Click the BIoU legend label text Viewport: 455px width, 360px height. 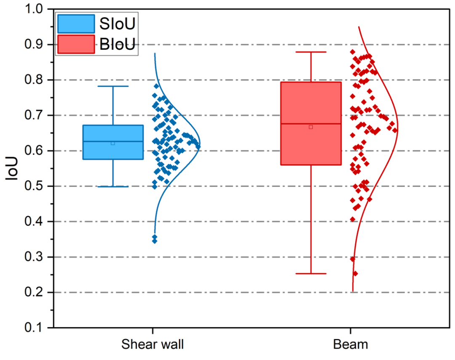[x=118, y=44]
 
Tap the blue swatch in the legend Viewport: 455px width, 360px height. [x=76, y=24]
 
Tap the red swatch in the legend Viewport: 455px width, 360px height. [x=76, y=44]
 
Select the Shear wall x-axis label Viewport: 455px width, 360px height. [x=153, y=344]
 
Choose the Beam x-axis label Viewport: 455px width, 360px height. [x=351, y=344]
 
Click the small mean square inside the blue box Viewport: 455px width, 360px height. [x=113, y=143]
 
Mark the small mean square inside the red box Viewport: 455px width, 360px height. [x=311, y=127]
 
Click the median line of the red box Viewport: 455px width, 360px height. [x=295, y=124]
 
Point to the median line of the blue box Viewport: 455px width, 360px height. [x=97, y=141]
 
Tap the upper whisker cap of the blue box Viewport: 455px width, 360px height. [x=113, y=86]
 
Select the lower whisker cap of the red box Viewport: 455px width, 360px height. [x=311, y=274]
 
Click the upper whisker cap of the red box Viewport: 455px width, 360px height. [x=311, y=52]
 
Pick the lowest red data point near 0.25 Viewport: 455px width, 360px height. [x=355, y=274]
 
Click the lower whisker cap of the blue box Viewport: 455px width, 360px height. [x=113, y=187]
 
